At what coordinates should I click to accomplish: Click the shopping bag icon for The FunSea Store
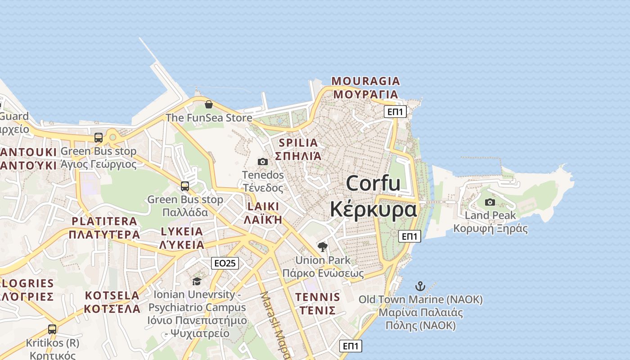click(x=209, y=105)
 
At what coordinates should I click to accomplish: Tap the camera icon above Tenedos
click(x=263, y=162)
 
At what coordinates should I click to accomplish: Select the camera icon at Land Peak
click(x=490, y=202)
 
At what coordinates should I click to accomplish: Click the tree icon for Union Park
click(x=323, y=247)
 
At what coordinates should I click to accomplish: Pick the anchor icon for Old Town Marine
click(x=420, y=286)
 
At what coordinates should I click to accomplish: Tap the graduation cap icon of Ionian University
click(x=197, y=282)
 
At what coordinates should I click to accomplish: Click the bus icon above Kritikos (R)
click(x=52, y=329)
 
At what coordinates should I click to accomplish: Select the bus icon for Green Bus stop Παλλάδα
click(x=185, y=186)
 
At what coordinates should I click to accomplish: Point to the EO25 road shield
click(x=225, y=263)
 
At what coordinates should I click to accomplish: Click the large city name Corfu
click(x=373, y=183)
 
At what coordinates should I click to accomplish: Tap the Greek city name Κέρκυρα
click(x=373, y=210)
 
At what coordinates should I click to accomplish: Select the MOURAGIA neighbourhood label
click(x=365, y=81)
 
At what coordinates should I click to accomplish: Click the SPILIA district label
click(x=298, y=143)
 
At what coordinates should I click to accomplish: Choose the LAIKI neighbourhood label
click(x=263, y=207)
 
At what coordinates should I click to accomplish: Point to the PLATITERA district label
click(x=104, y=221)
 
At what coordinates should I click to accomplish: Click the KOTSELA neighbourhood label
click(x=112, y=296)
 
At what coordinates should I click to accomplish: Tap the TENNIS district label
click(x=318, y=297)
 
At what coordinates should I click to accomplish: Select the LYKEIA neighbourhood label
click(x=182, y=231)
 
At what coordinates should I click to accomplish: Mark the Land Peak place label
click(x=490, y=216)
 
